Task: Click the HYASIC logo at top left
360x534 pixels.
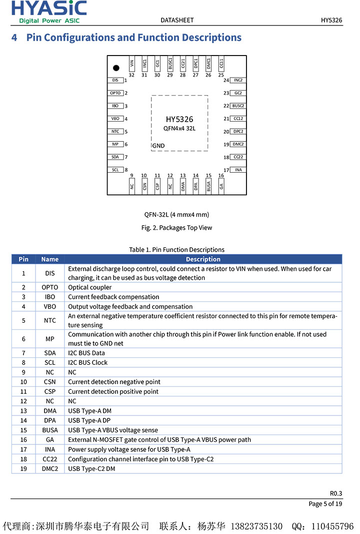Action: pos(49,12)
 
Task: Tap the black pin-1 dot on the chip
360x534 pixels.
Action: pos(116,68)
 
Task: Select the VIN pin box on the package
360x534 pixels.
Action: pos(132,64)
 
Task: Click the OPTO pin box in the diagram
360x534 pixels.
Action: pos(115,93)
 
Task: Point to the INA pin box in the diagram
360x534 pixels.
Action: pos(238,170)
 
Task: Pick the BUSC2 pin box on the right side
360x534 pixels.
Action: pos(238,106)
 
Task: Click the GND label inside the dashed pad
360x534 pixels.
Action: pos(158,146)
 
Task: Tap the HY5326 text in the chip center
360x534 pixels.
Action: pos(179,119)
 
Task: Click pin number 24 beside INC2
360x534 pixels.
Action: pos(226,81)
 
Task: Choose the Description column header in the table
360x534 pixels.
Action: pos(203,259)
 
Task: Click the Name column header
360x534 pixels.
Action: pos(50,259)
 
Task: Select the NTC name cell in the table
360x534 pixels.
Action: pos(50,320)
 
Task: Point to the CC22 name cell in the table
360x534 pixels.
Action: pos(50,459)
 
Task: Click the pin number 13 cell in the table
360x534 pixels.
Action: pos(23,411)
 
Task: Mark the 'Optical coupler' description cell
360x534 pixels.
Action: pos(90,287)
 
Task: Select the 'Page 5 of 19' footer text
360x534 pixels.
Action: pos(325,503)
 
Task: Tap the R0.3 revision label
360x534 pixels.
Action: pos(336,493)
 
